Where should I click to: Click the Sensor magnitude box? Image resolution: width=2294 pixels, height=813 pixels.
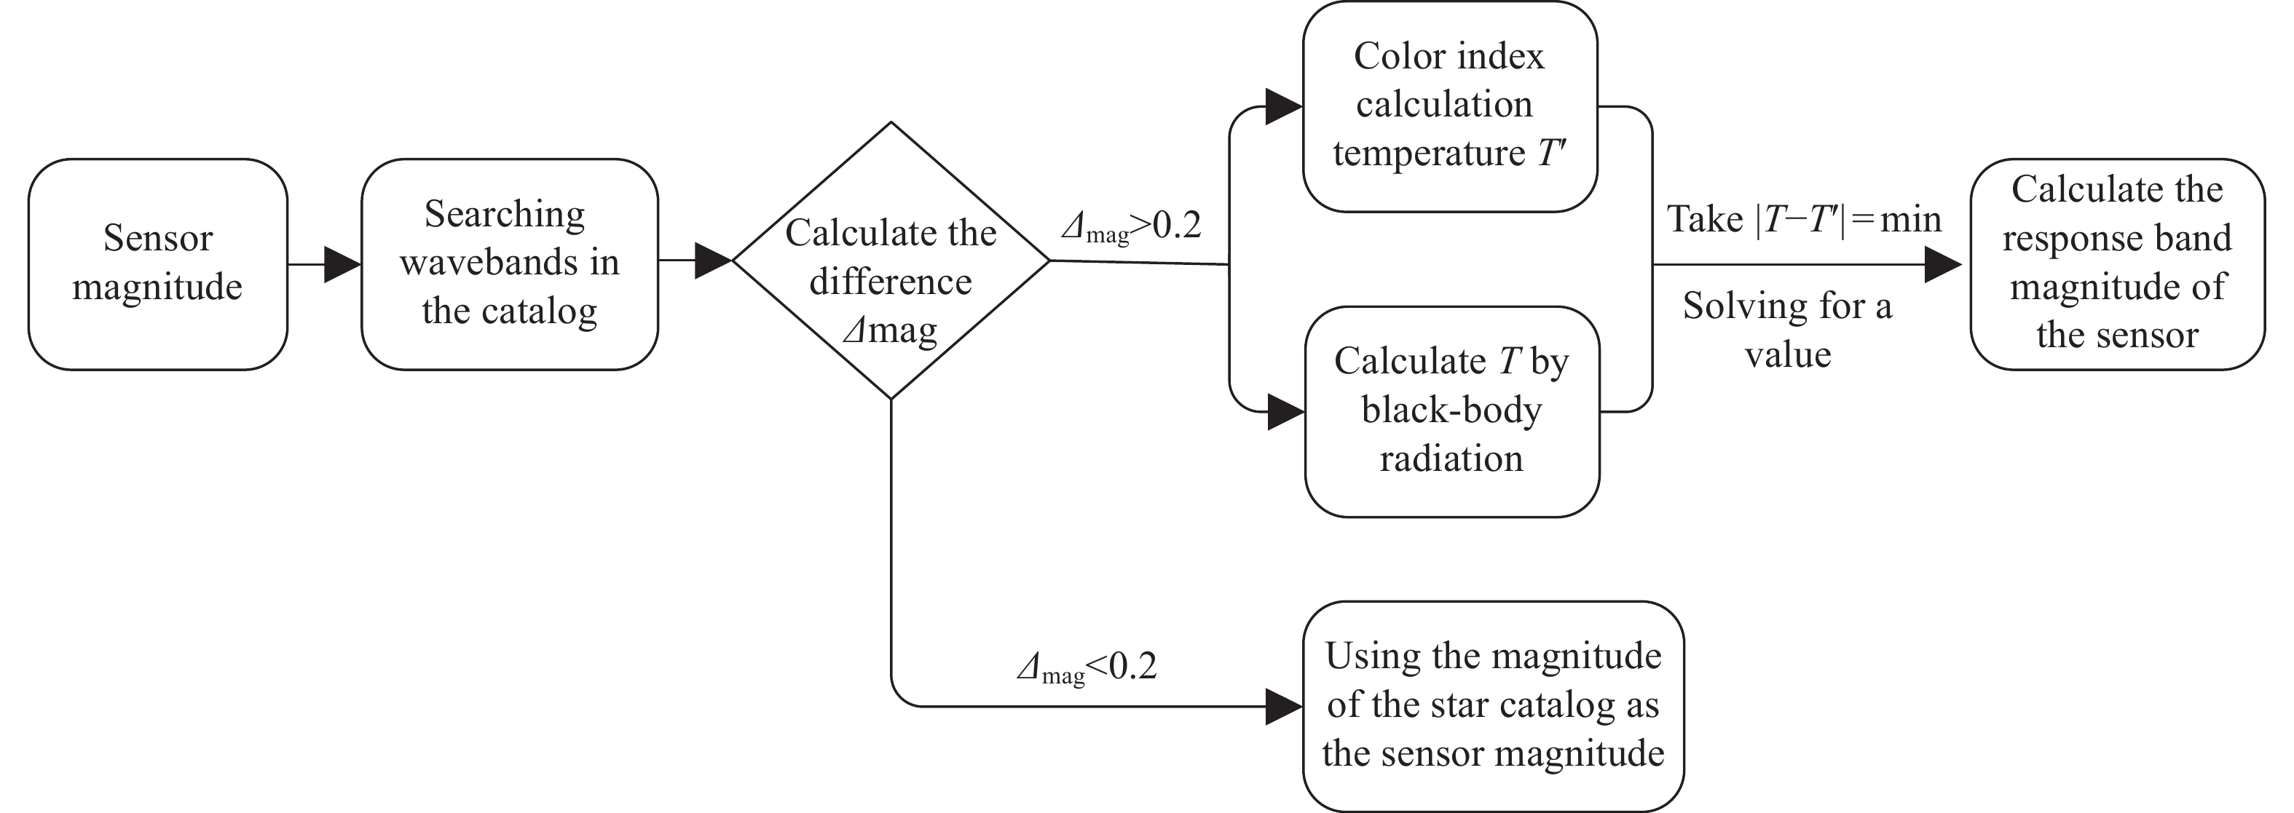[x=157, y=263]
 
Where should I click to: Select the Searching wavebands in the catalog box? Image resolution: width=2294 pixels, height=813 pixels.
[x=509, y=263]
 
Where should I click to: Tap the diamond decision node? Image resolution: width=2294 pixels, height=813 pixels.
[x=891, y=260]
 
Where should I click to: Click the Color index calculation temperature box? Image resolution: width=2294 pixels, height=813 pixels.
[x=1449, y=106]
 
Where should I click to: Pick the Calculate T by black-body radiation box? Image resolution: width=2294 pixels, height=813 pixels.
[x=1451, y=411]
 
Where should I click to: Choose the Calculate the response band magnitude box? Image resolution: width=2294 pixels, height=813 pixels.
[x=2117, y=263]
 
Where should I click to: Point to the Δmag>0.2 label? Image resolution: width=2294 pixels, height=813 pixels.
[x=1131, y=226]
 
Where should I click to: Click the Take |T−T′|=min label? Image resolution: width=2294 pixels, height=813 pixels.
[x=1804, y=220]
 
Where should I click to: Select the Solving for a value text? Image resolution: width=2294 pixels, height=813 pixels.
[x=1787, y=330]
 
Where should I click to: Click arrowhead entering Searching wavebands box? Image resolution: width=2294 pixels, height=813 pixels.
[x=342, y=264]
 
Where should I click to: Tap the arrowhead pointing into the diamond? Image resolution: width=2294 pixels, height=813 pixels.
[x=712, y=261]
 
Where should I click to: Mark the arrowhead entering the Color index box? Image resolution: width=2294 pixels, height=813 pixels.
[x=1284, y=107]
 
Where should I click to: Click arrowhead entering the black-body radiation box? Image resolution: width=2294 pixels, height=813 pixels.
[x=1286, y=412]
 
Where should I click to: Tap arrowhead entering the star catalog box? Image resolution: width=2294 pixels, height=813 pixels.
[x=1284, y=706]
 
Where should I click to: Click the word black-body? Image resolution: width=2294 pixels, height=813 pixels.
[x=1451, y=411]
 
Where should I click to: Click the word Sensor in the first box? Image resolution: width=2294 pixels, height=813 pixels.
[x=157, y=239]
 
